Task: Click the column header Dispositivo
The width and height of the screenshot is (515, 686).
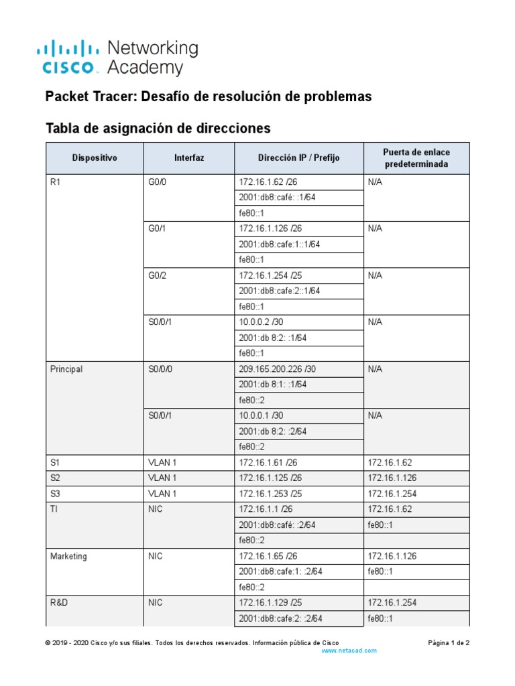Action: pos(95,158)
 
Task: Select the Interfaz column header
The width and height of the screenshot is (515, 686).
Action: pos(188,158)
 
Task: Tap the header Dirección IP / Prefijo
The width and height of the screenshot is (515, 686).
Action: pos(298,158)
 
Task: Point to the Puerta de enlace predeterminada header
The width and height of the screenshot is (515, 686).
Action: pos(416,158)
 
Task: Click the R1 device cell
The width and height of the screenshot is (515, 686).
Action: pos(56,182)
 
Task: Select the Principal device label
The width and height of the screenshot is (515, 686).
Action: pos(66,369)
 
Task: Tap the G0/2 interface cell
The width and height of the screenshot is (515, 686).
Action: pos(158,275)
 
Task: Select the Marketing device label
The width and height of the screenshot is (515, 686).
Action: pos(68,556)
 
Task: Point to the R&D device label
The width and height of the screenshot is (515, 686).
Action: pos(59,603)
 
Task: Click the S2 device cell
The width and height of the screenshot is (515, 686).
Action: pos(56,478)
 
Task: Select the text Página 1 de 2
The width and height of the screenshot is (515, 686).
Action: pos(449,642)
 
